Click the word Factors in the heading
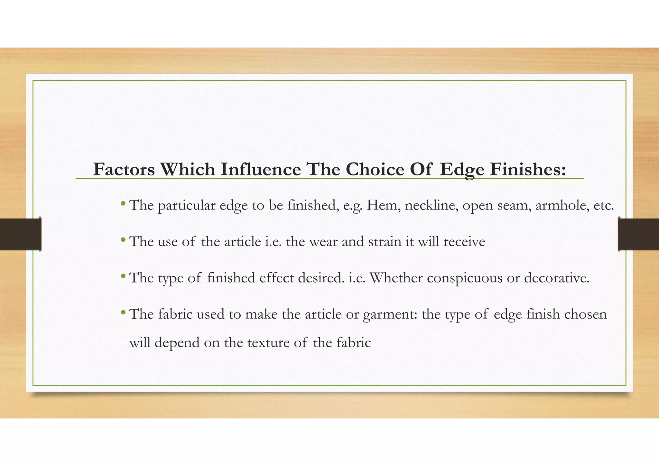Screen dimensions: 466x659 pyautogui.click(x=124, y=170)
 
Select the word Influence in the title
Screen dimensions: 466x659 pyautogui.click(x=261, y=170)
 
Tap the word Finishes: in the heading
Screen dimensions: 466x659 pyautogui.click(x=528, y=170)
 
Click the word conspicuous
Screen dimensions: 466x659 pyautogui.click(x=464, y=278)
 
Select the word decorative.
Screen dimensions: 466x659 pyautogui.click(x=557, y=278)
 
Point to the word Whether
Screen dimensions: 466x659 pyautogui.click(x=396, y=278)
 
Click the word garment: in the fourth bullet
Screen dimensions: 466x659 pyautogui.click(x=390, y=314)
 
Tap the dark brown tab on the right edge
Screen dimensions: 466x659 pyautogui.click(x=638, y=234)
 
